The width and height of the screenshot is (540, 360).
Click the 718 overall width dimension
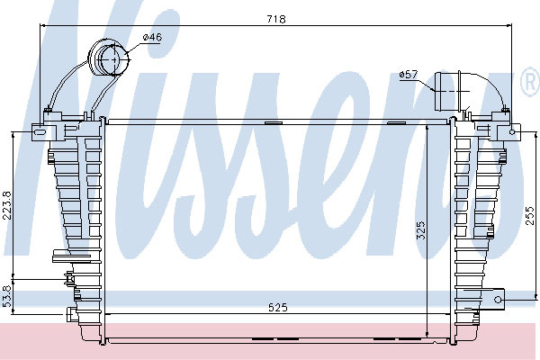pos(276,19)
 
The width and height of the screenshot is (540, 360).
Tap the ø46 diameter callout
pos(152,37)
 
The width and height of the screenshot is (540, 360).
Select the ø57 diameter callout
pos(409,75)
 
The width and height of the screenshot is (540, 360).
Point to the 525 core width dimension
pos(277,307)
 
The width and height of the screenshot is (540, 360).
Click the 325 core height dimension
pos(421,230)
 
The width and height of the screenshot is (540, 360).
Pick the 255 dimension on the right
pos(530,215)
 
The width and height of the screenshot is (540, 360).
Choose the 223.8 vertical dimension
pos(7,205)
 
